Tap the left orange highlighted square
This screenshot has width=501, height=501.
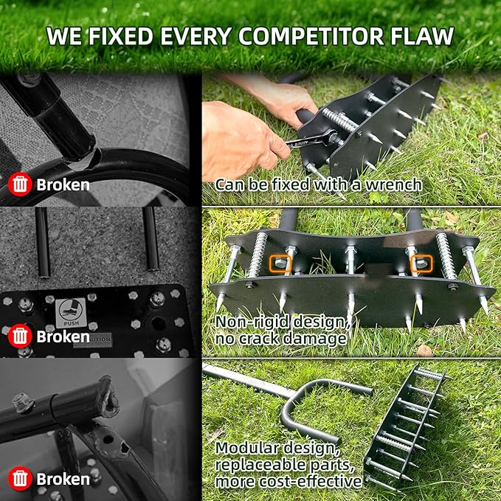280,261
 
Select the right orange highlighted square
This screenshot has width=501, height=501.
422,261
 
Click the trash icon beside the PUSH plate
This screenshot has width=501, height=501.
20,336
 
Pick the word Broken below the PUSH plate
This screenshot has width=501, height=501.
63,336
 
